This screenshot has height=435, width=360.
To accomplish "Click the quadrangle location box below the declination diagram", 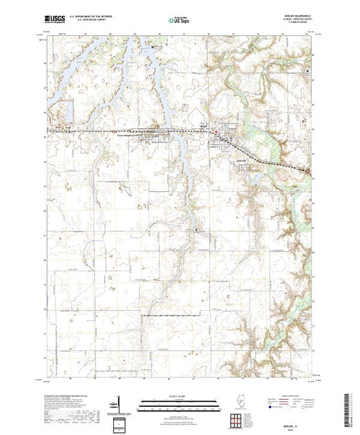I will click(121, 423).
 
